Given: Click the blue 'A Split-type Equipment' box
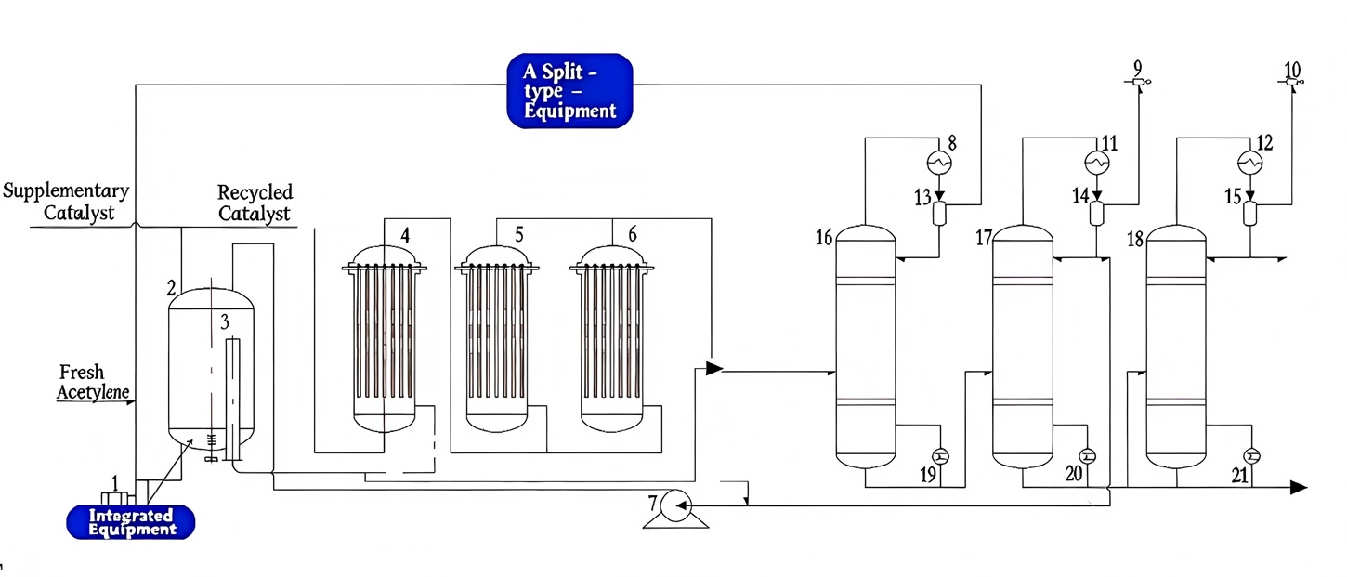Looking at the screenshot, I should (569, 90).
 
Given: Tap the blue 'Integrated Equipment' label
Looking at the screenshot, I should (131, 522).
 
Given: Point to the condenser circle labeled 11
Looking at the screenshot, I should (1097, 163).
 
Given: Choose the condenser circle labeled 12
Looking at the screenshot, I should (1250, 163).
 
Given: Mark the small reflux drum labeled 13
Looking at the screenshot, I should (939, 213).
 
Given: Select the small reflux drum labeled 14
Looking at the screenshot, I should (1097, 213).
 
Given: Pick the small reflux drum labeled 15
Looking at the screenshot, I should (1250, 213).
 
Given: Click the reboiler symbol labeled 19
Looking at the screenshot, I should (939, 455).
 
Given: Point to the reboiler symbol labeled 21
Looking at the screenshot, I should (1250, 455).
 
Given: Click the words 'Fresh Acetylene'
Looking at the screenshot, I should (93, 383).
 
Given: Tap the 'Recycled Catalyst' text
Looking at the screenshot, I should (255, 203).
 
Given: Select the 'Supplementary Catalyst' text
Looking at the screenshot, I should (65, 202).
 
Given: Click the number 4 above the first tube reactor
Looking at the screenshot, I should (405, 236).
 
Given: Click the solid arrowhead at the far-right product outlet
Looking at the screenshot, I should (1299, 487).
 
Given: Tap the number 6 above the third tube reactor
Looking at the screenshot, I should (633, 234).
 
